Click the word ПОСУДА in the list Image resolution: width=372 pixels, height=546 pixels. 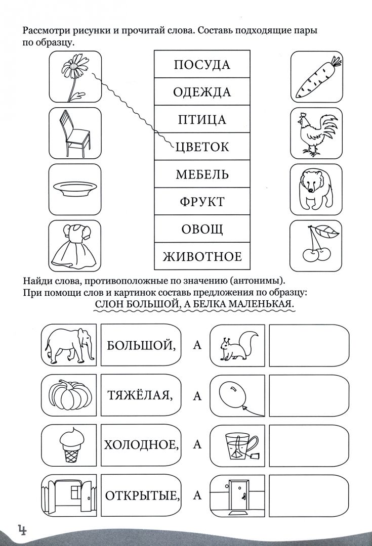click(201, 65)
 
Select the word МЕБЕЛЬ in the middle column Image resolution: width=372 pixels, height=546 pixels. click(202, 174)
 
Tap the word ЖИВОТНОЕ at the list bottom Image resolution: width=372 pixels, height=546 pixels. click(202, 256)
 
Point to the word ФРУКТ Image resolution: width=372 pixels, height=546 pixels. click(202, 202)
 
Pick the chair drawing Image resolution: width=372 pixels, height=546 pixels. click(74, 132)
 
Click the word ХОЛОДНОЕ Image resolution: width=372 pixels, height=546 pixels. click(141, 445)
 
